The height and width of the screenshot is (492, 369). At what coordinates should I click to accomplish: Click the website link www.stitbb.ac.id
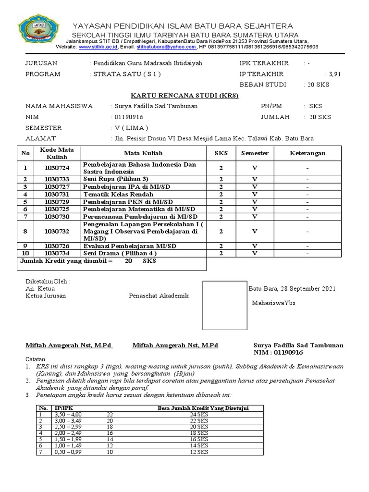coord(98,47)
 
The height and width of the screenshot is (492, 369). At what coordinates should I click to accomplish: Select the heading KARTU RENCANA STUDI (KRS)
coord(185,96)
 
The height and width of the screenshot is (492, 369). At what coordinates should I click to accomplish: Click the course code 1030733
coord(57,179)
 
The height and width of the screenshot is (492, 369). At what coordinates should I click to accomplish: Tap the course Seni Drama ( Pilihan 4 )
coord(120,253)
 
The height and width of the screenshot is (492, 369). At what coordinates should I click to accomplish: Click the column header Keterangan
coord(307,153)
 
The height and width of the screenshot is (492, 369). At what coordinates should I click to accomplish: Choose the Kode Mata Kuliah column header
coord(57,153)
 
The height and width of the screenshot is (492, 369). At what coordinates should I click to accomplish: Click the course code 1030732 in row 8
coord(57,231)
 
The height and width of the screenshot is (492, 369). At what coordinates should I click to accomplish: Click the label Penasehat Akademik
coord(159,296)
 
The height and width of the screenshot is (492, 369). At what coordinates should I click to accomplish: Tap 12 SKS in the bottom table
coord(199,452)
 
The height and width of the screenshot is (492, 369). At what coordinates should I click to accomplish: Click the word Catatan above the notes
coord(36,359)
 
